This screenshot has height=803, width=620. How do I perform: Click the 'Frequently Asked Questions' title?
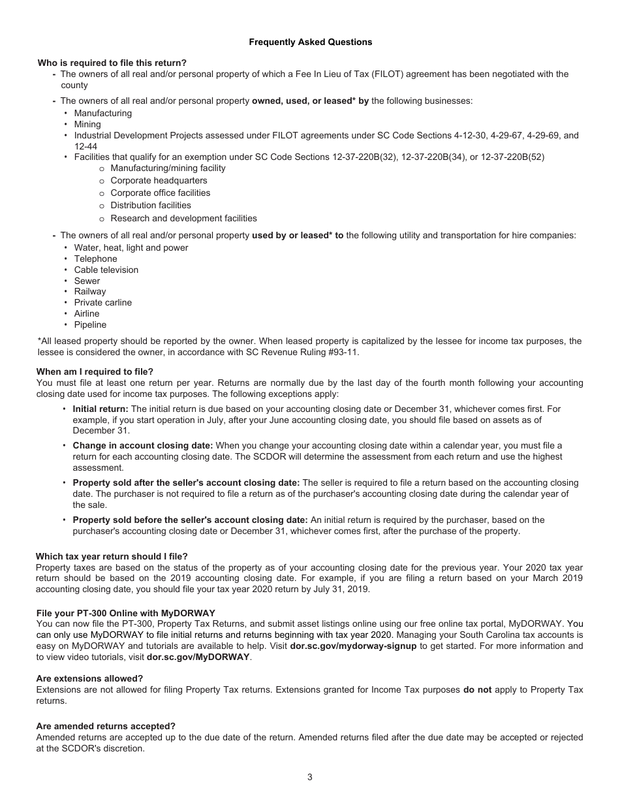coord(310,42)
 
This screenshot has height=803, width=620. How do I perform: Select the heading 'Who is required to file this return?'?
coord(112,63)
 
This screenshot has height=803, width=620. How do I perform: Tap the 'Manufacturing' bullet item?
coord(102,113)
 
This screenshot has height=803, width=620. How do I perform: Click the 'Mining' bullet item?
coord(87,124)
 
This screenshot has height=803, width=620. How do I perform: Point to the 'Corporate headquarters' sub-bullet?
coord(159,180)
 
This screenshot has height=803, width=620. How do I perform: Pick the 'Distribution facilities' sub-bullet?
coord(151,205)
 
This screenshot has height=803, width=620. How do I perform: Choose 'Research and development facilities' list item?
coord(183,218)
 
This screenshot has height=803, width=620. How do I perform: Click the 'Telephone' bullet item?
coord(95,259)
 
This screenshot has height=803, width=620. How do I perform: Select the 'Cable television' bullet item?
coord(106,270)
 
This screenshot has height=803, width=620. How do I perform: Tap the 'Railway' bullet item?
coord(89,291)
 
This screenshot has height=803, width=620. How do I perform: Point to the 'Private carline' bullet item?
coord(102,302)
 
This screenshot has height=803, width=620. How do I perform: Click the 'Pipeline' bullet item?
coord(90,324)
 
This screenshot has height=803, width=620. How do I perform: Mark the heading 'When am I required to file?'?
coord(95,371)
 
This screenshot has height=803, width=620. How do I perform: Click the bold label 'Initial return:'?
coord(101,409)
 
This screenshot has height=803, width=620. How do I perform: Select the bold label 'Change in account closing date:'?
coord(142,445)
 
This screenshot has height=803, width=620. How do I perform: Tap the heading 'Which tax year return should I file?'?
coord(112,556)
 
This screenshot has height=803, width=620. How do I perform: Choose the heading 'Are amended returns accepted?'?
coord(106,726)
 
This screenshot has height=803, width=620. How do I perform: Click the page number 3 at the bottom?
coord(310,777)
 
